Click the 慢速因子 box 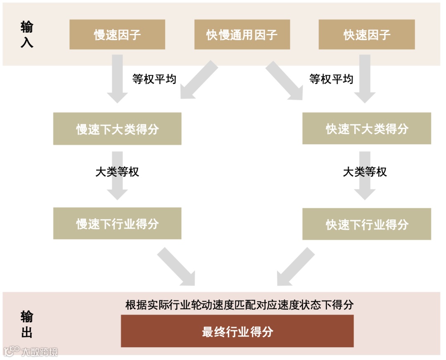117,35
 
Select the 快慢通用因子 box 242,35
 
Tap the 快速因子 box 367,35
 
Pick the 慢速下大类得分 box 117,129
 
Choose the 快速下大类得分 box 367,129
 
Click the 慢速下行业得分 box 117,224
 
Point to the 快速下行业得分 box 367,224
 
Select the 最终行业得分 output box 237,331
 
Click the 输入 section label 27,35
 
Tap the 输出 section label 27,324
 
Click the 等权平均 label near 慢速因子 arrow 154,79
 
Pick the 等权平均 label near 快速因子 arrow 331,79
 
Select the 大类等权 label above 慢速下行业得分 117,172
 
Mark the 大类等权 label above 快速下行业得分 365,172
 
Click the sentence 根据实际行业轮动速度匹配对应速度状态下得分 240,305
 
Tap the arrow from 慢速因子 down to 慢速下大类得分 117,79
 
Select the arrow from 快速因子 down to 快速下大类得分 365,79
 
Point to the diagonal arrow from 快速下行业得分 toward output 295,267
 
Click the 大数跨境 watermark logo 31,351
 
